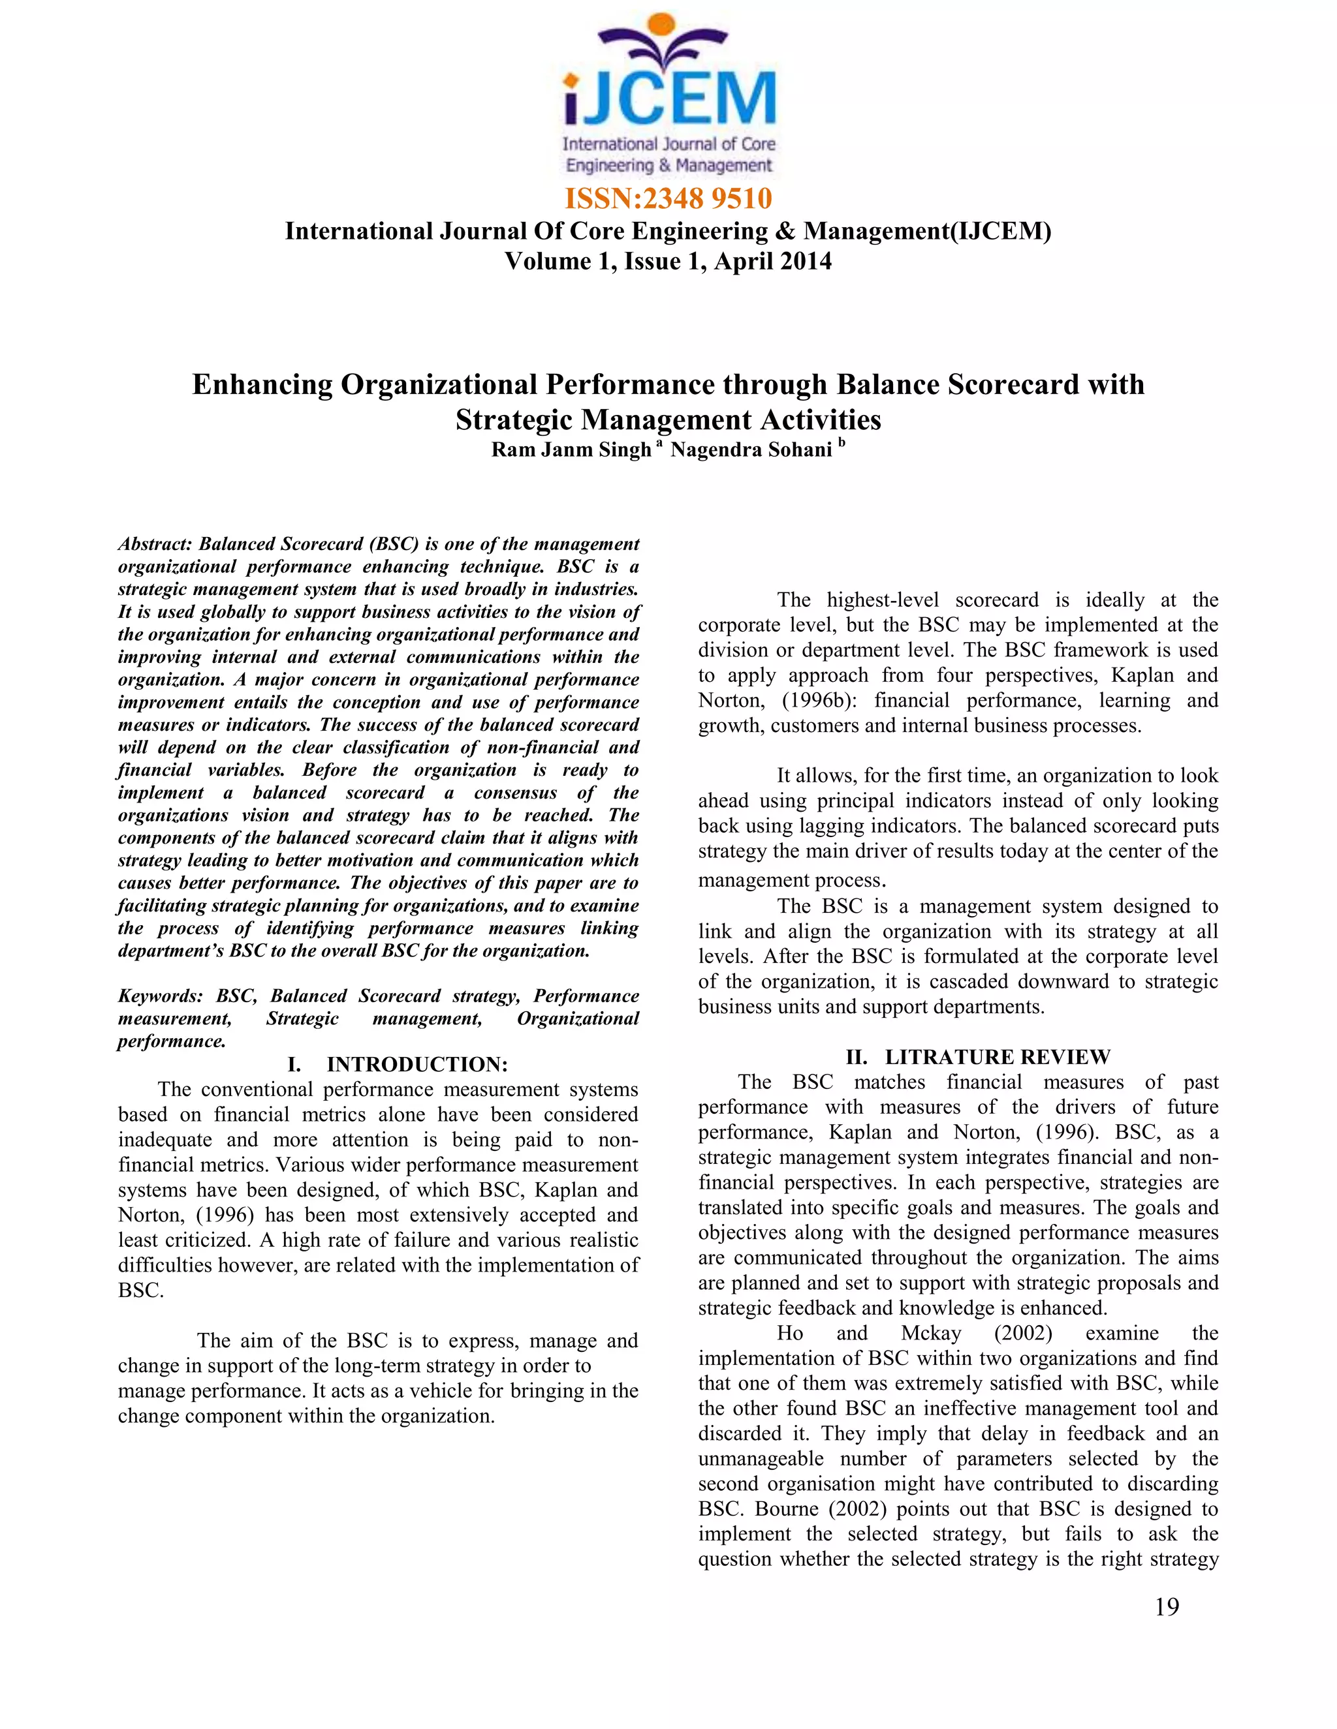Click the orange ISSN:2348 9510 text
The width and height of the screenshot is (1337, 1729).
pyautogui.click(x=668, y=198)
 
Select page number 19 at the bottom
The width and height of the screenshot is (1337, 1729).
pyautogui.click(x=1167, y=1624)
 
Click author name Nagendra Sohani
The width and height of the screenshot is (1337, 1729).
pyautogui.click(x=751, y=450)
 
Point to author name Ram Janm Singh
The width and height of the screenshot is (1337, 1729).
pyautogui.click(x=571, y=450)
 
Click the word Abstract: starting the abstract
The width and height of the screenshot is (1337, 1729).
pyautogui.click(x=155, y=544)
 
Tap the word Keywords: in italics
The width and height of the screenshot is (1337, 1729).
pyautogui.click(x=161, y=996)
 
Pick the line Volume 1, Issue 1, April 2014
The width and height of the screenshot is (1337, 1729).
pyautogui.click(x=668, y=261)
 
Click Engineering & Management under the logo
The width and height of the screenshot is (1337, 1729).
pyautogui.click(x=668, y=166)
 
